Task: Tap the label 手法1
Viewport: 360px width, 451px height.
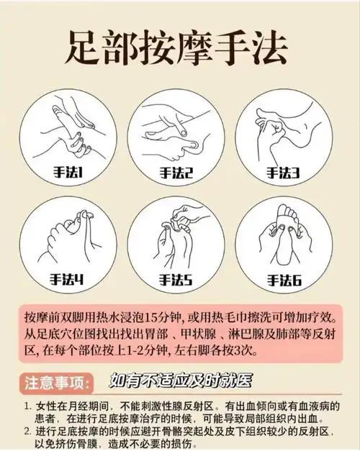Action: click(71, 172)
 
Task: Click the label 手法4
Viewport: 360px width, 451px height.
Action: click(71, 278)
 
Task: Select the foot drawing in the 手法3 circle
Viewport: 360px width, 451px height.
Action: click(284, 129)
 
